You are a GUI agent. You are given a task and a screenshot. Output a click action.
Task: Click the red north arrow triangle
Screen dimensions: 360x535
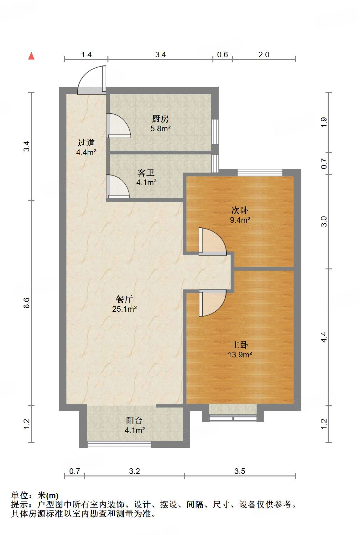(x=31, y=56)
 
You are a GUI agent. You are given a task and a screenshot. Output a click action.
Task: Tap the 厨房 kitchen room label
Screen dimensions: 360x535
(x=160, y=119)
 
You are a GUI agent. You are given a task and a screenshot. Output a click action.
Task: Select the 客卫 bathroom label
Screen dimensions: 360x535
(x=146, y=173)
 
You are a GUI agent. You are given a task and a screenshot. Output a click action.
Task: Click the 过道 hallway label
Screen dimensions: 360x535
(x=86, y=143)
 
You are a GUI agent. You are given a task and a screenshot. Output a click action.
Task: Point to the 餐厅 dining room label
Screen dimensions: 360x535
(x=124, y=299)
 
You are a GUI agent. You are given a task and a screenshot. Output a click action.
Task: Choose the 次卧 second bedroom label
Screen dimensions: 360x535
(x=240, y=210)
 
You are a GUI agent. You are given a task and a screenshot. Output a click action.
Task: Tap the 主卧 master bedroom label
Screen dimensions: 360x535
(x=240, y=345)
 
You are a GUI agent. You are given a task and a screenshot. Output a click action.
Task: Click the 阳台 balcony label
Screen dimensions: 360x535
(x=134, y=420)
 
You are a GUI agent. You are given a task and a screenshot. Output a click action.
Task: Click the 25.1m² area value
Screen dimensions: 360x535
(x=124, y=309)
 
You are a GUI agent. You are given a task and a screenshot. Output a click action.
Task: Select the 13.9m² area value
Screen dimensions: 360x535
(x=240, y=355)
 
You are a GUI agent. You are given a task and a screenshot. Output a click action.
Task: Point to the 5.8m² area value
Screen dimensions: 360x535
(x=160, y=128)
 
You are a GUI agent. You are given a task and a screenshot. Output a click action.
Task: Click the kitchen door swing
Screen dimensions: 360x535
(x=118, y=125)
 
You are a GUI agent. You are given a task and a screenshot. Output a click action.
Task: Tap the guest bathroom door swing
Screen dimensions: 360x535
(x=118, y=187)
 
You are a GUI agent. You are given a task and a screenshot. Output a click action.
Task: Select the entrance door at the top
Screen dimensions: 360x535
(x=92, y=80)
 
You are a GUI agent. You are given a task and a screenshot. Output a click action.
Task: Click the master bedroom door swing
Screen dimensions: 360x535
(x=213, y=303)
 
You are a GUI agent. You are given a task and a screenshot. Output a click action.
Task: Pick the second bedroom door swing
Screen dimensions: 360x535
(x=213, y=242)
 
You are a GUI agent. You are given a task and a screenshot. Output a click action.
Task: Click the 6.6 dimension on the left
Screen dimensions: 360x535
(x=27, y=303)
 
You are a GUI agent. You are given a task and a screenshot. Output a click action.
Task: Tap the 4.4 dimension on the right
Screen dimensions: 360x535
(x=324, y=337)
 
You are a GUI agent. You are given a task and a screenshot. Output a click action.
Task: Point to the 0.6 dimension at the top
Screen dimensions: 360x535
(x=222, y=55)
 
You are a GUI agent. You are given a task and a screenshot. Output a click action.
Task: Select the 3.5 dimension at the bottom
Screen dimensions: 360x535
(x=240, y=471)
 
